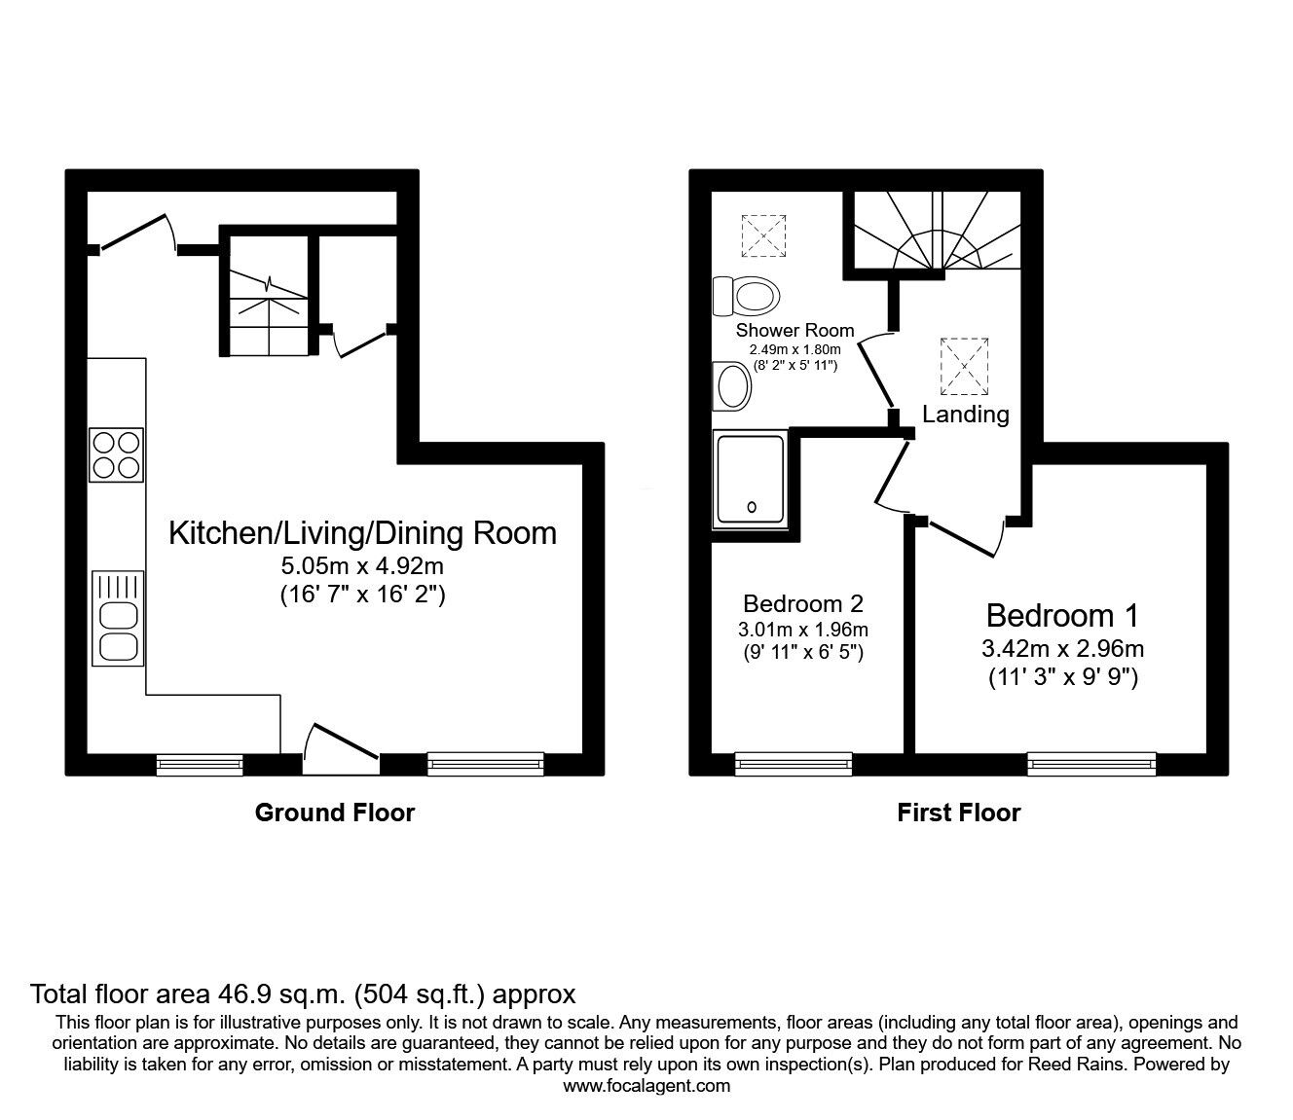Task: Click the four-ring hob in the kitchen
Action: pyautogui.click(x=116, y=454)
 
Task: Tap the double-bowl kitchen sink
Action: pyautogui.click(x=117, y=631)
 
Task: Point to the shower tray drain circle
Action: pyautogui.click(x=752, y=507)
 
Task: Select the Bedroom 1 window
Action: pyautogui.click(x=1092, y=764)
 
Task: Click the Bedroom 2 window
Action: pyautogui.click(x=794, y=764)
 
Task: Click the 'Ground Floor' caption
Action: pyautogui.click(x=334, y=813)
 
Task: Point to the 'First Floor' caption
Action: pyautogui.click(x=958, y=813)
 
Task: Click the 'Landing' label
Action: pyautogui.click(x=965, y=415)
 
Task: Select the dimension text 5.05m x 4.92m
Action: pyautogui.click(x=362, y=566)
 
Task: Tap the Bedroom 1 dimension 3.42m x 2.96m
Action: pyautogui.click(x=1061, y=648)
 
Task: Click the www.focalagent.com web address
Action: pyautogui.click(x=646, y=1086)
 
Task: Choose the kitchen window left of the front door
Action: pyautogui.click(x=200, y=764)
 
